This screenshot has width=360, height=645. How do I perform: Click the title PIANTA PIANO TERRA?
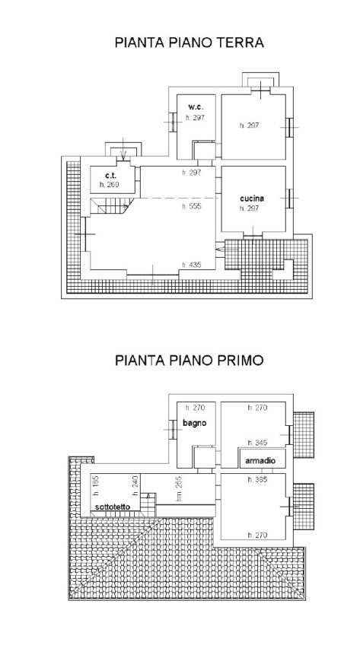point(189,43)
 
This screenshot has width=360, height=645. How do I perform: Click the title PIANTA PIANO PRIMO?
point(189,361)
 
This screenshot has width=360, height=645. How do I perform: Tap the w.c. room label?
point(196,107)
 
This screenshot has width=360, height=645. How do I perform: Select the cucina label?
point(252,199)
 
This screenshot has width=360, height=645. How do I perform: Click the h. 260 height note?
point(110,185)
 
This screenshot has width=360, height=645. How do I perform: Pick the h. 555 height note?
point(192,206)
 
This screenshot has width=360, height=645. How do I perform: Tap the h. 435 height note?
point(192,265)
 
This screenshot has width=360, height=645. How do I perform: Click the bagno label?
point(195,423)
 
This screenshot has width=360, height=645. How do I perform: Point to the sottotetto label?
point(113,507)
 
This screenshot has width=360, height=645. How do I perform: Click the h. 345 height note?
point(257,443)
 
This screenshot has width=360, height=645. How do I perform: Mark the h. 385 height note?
point(257,479)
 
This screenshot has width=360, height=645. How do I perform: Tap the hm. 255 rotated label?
point(180,488)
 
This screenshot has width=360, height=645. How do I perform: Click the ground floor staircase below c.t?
point(111,205)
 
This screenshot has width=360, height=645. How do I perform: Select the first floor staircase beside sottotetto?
point(148,504)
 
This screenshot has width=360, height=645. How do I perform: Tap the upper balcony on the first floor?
point(304,435)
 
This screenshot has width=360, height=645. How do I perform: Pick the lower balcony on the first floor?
point(304,507)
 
